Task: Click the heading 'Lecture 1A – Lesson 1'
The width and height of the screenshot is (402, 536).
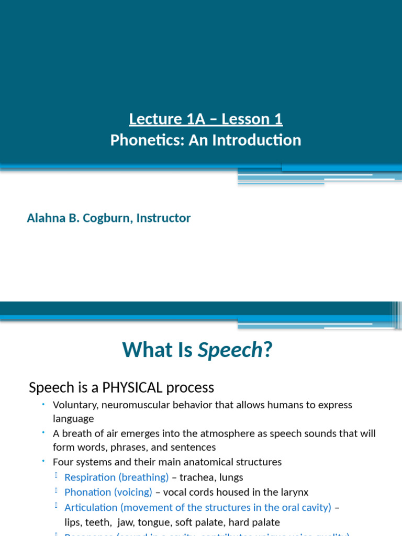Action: [206, 119]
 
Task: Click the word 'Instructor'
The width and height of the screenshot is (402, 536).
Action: [163, 218]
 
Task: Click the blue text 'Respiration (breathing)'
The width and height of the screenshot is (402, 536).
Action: [116, 477]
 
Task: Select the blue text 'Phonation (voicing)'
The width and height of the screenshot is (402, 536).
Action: [108, 492]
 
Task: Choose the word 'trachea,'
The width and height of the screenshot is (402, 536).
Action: [196, 477]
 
